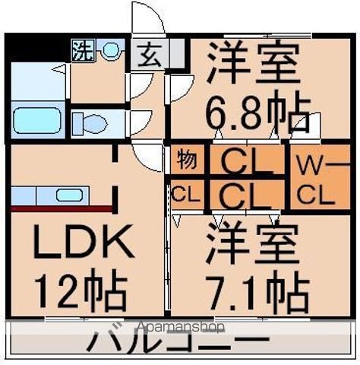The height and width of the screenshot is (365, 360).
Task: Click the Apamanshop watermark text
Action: coord(180,328)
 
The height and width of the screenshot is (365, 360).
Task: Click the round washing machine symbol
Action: coord(111,51)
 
